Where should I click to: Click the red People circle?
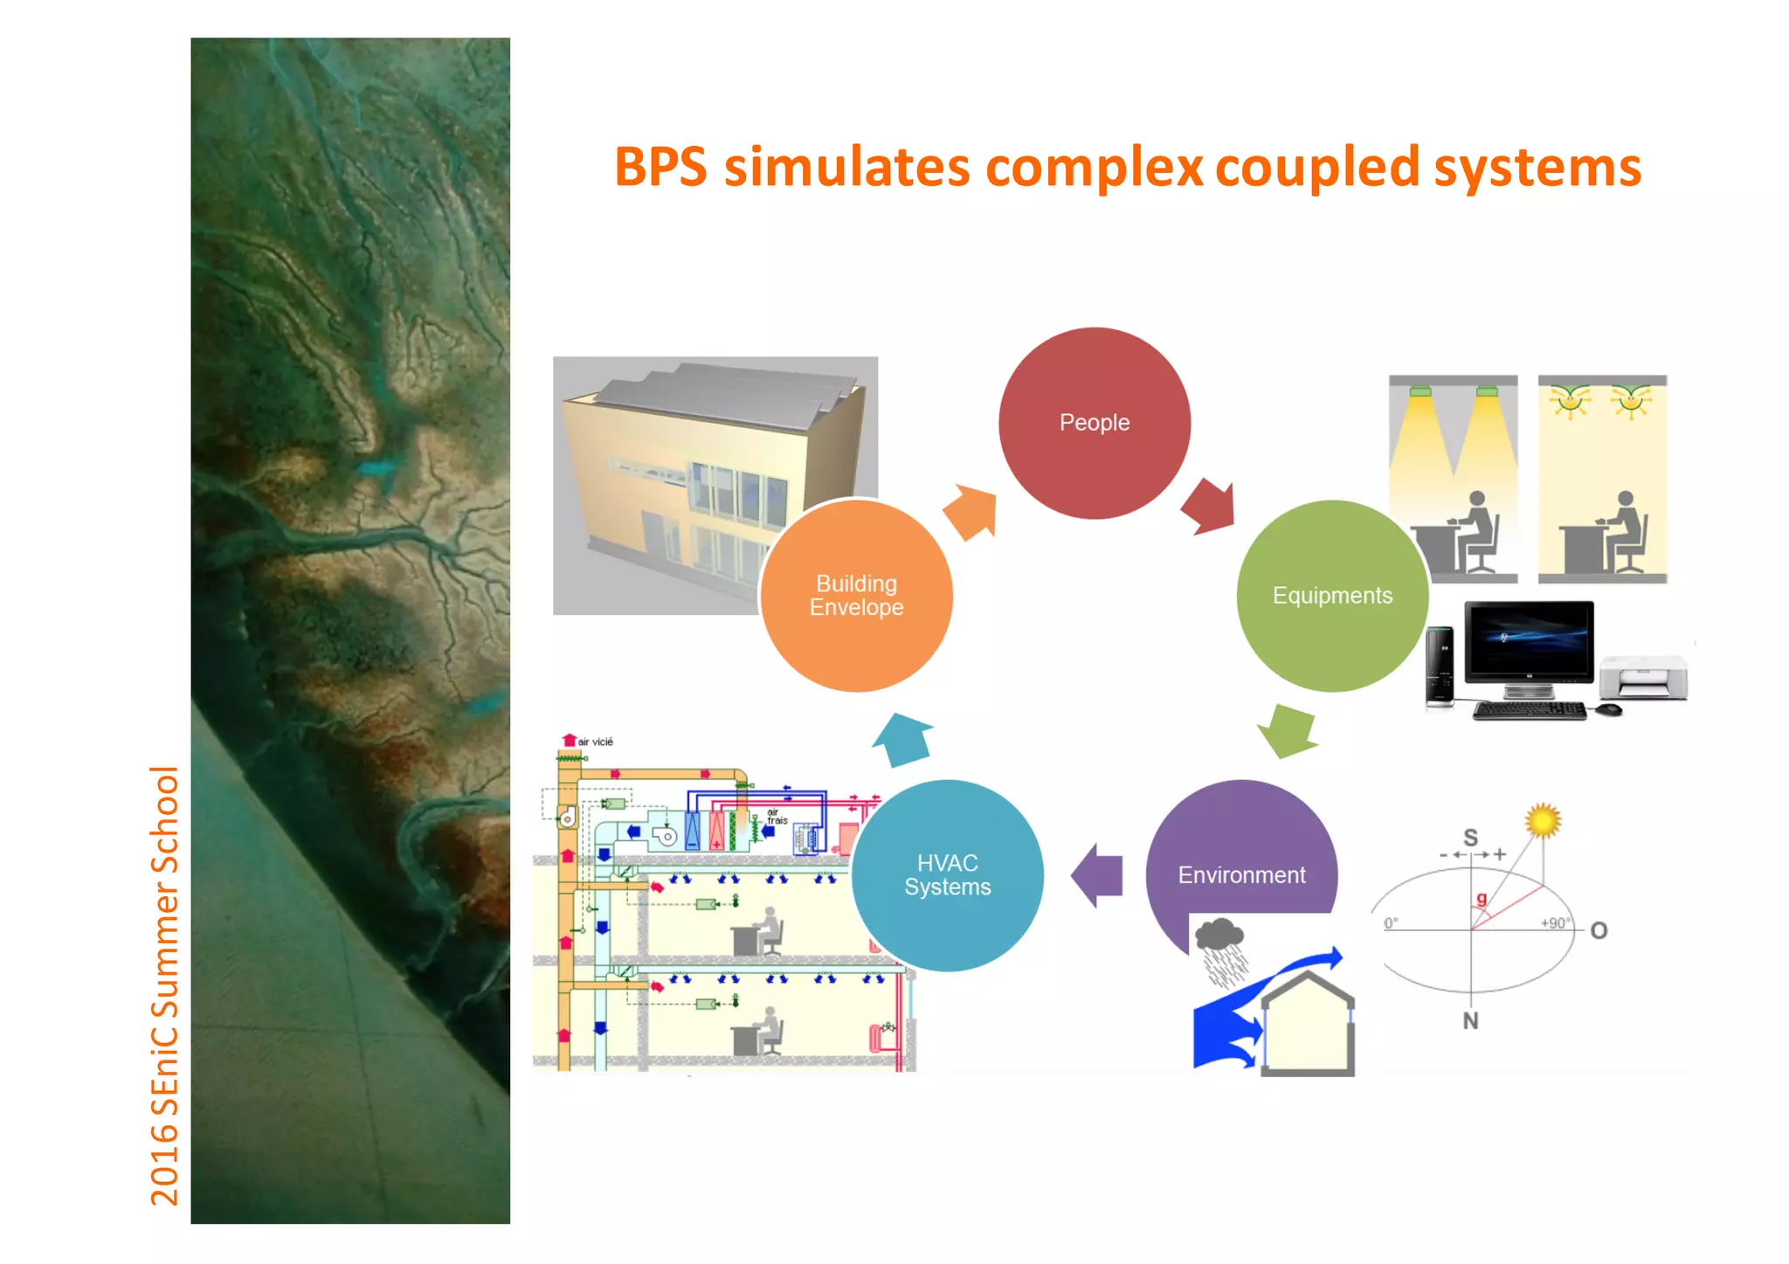pos(1094,424)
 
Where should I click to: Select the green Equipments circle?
pos(1332,596)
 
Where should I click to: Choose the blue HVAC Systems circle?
pos(947,875)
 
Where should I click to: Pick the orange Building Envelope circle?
pos(856,596)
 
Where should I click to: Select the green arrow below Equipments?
pos(1288,730)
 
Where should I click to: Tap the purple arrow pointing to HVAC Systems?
pos(1098,875)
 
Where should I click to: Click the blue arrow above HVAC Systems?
pos(904,739)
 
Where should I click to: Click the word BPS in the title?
pos(660,167)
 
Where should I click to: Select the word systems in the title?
pos(1537,169)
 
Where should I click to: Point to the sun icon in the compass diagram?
pos(1543,820)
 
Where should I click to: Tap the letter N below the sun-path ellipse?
pos(1471,1020)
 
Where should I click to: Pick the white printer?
pos(1643,677)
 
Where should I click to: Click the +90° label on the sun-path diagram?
pos(1555,922)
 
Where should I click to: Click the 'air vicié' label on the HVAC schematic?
pos(596,742)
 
